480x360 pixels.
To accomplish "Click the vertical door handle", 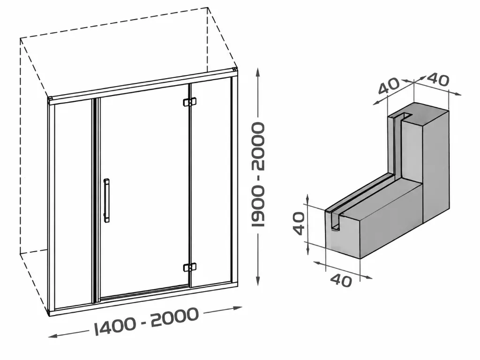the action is (106, 200).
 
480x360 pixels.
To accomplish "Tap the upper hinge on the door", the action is (190, 102).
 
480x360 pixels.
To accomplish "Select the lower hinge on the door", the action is (190, 268).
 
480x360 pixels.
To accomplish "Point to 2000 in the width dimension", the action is (174, 316).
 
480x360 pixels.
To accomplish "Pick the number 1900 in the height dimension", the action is (258, 207).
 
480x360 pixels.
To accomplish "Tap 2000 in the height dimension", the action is (258, 146).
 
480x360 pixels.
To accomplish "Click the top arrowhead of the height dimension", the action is (258, 73).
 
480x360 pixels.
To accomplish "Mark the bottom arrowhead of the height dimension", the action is (258, 280).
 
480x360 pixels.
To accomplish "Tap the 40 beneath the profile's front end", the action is (341, 280).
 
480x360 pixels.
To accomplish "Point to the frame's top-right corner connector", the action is (235, 70).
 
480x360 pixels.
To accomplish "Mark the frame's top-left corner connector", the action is (51, 99).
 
